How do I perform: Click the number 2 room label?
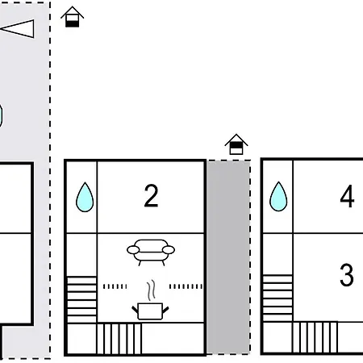(x=151, y=195)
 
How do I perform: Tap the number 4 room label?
(x=347, y=196)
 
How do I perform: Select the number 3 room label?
(x=347, y=274)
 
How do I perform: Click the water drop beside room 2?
(x=85, y=197)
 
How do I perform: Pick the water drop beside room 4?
(x=278, y=197)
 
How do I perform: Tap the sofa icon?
(x=151, y=252)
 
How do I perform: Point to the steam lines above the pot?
(x=151, y=290)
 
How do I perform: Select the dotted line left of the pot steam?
(x=115, y=286)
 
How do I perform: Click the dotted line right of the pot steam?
(x=186, y=286)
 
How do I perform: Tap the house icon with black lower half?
(x=72, y=17)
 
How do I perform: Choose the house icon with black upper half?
(x=236, y=144)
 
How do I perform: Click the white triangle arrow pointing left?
(x=17, y=28)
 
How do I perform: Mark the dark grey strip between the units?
(x=228, y=257)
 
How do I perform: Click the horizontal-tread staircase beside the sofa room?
(x=81, y=299)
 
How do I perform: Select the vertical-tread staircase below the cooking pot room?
(x=119, y=339)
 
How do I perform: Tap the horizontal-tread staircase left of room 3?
(x=277, y=298)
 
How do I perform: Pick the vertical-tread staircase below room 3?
(x=315, y=337)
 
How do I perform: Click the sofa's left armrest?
(x=133, y=250)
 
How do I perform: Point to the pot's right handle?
(x=165, y=310)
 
